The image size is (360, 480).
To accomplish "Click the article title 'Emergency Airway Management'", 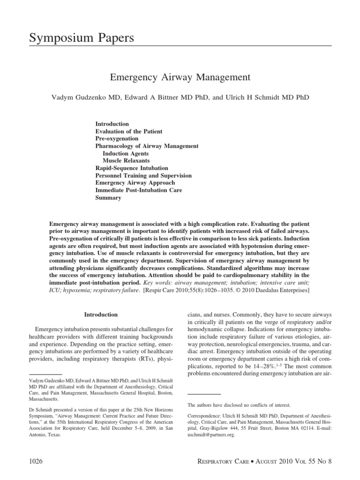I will (x=180, y=76).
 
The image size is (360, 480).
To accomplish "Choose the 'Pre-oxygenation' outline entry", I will (x=117, y=139).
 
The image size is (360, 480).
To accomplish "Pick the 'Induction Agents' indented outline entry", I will (x=126, y=153).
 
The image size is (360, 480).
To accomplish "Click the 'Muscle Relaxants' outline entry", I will (x=126, y=161).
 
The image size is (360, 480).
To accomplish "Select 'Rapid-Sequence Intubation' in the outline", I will (x=132, y=168).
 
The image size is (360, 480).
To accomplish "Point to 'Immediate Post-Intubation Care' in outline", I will (x=139, y=190).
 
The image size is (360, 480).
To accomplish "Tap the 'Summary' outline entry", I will (x=108, y=198).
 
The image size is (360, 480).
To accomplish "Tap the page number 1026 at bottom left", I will (x=35, y=461).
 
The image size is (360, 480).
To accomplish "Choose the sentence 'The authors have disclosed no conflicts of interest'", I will (x=239, y=405).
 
